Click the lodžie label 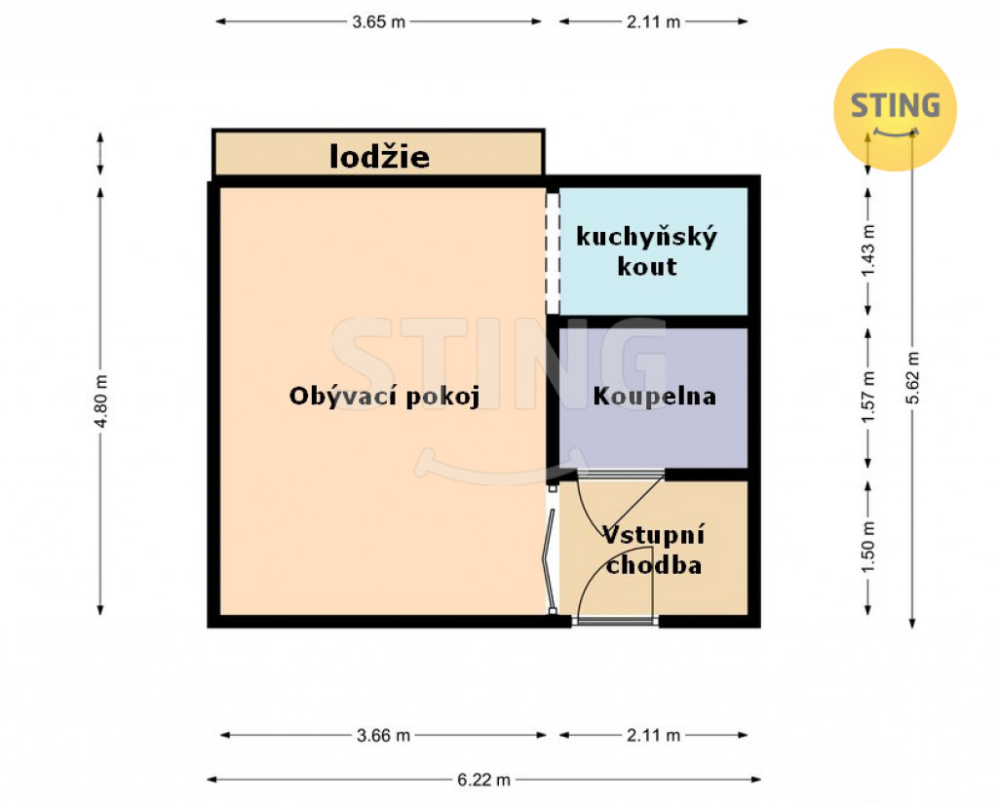pos(379,157)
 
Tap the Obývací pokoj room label pos(384,396)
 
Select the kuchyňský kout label pos(647,250)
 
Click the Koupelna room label pos(654,396)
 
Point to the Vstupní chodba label pos(654,550)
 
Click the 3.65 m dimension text pos(379,21)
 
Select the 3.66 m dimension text pos(383,735)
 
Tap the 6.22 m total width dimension pos(483,780)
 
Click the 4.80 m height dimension pos(100,401)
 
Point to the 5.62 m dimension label pos(912,377)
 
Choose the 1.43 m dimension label pos(868,250)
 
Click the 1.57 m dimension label pos(868,398)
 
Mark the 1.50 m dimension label pos(868,547)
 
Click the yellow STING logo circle pos(895,109)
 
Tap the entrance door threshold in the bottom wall pos(615,621)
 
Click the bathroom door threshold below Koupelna pos(621,475)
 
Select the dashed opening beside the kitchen pos(553,252)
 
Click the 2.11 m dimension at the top pos(653,21)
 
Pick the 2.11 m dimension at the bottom pos(653,735)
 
